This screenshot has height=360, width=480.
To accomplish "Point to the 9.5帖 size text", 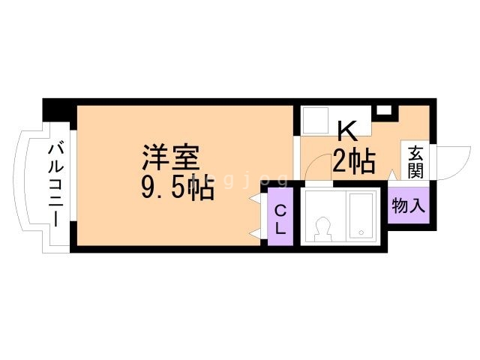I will [178, 187].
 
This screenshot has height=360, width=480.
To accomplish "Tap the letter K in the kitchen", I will [346, 132].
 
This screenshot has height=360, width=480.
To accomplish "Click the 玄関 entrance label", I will [416, 161].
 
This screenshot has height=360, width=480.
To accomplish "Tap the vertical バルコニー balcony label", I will [55, 183].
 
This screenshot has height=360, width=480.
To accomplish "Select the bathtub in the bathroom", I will [361, 217].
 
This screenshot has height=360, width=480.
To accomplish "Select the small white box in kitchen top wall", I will [384, 110].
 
